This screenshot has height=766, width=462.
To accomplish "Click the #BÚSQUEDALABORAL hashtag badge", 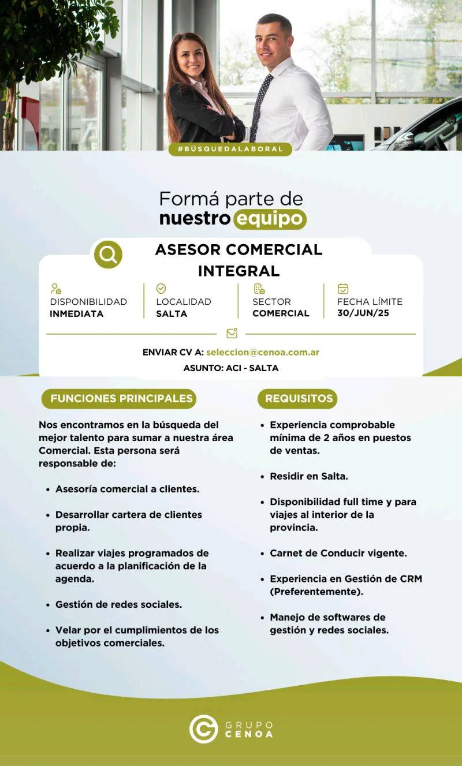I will click(x=230, y=149).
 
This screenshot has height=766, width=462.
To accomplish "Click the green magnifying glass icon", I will click(x=108, y=254).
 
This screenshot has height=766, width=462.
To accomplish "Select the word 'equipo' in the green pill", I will click(x=270, y=219).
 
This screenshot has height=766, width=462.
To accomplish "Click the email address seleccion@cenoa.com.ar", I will click(x=263, y=352).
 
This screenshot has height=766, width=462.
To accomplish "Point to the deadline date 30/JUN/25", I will click(x=362, y=313).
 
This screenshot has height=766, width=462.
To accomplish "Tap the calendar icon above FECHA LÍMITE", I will click(x=343, y=289).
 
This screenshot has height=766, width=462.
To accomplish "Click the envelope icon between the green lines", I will click(x=232, y=334).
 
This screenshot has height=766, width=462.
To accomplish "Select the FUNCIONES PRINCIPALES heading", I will click(x=121, y=398).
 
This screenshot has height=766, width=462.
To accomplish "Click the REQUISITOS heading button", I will click(x=299, y=398).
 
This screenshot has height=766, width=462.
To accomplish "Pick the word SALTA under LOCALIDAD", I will click(x=172, y=313).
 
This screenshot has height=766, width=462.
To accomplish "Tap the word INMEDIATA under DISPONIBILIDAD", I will click(x=76, y=313).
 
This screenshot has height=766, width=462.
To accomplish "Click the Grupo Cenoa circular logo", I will click(x=203, y=728).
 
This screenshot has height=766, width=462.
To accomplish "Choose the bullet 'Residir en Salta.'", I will click(x=308, y=476).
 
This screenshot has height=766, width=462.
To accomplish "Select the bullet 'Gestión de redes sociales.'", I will click(x=118, y=604).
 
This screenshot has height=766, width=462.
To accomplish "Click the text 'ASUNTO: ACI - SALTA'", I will click(x=230, y=368).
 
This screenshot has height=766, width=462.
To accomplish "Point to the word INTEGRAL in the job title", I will click(x=239, y=271).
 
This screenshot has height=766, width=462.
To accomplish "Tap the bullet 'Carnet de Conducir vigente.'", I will click(x=338, y=553).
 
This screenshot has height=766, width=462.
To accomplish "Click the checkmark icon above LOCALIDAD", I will click(x=161, y=289).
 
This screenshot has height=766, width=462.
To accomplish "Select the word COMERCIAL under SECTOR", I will click(x=281, y=313).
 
